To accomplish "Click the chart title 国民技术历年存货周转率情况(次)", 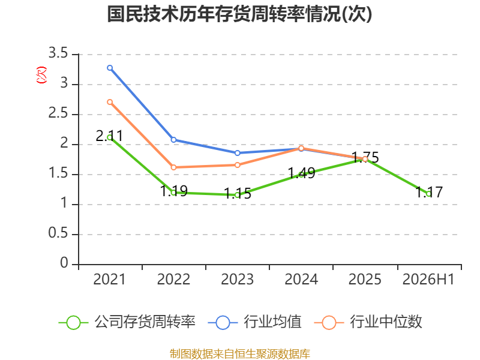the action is (239, 14).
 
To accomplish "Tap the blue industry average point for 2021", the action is (110, 68).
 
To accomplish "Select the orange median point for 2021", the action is (110, 102).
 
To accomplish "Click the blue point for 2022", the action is (173, 140).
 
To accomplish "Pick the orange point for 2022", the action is (173, 167).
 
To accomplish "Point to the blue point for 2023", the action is (238, 153).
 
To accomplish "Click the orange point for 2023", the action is (238, 165).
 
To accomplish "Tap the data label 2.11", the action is (109, 136).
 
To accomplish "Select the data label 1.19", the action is (173, 191).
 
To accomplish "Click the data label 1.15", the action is (238, 193).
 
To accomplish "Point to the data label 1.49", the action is (302, 173).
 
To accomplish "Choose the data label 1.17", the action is (429, 192).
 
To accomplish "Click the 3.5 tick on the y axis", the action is (58, 53).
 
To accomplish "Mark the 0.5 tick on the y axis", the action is (58, 233).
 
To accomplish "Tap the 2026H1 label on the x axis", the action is (428, 279).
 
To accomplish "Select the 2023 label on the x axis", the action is (238, 279).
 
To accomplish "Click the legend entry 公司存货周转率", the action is (127, 322).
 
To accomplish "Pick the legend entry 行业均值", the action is (254, 322).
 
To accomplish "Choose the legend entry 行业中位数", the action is (368, 322).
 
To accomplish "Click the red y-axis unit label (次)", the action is (41, 74).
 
